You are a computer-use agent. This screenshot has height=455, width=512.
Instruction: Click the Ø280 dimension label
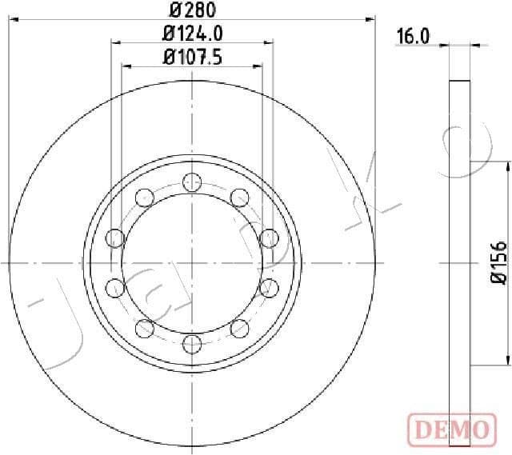point(192,11)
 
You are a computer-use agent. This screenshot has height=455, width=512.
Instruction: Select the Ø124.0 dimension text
point(192,34)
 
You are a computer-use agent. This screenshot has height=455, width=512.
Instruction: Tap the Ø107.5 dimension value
point(192,57)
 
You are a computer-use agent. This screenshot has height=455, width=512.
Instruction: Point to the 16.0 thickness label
point(414,36)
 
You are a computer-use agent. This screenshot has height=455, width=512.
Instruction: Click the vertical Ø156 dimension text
point(497,261)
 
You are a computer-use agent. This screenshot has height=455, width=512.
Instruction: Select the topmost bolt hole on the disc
point(192,181)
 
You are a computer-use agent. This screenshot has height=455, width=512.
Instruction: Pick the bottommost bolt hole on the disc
point(192,344)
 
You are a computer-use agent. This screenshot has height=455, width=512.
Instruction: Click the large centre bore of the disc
point(192,262)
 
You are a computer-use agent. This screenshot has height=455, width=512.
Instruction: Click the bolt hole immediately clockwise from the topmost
point(239,197)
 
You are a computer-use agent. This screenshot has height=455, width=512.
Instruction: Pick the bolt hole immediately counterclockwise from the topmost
point(145,197)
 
